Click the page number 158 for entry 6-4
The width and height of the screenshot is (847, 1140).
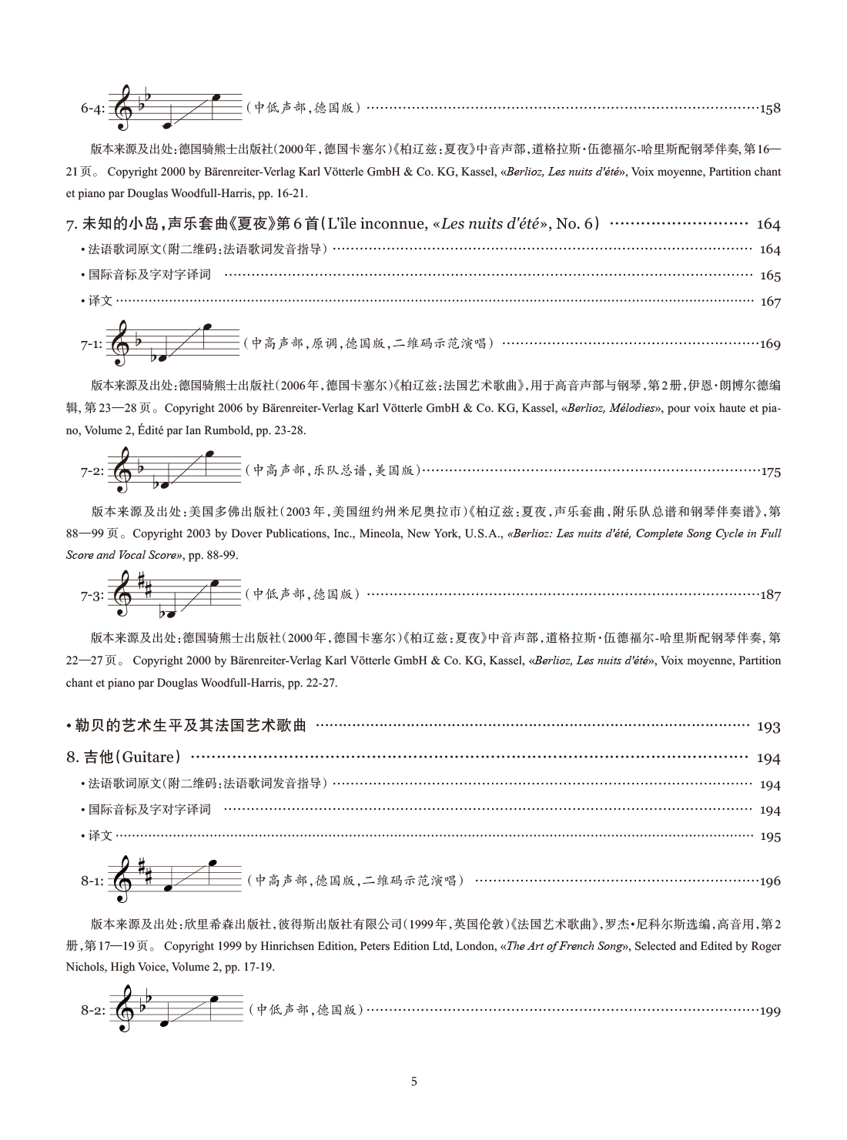pyautogui.click(x=770, y=109)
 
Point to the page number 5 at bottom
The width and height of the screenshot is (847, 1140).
pyautogui.click(x=414, y=1081)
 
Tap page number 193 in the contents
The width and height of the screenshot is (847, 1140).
pyautogui.click(x=768, y=727)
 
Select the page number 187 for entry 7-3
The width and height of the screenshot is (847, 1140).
pyautogui.click(x=770, y=595)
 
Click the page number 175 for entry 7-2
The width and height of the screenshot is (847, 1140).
pyautogui.click(x=770, y=472)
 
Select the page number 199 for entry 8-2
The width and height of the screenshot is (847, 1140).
pyautogui.click(x=770, y=1011)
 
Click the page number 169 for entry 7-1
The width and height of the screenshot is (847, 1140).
pyautogui.click(x=770, y=344)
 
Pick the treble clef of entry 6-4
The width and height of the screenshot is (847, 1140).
pyautogui.click(x=123, y=108)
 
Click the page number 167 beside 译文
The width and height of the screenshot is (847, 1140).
pyautogui.click(x=770, y=302)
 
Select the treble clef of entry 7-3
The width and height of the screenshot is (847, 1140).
pyautogui.click(x=122, y=594)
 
